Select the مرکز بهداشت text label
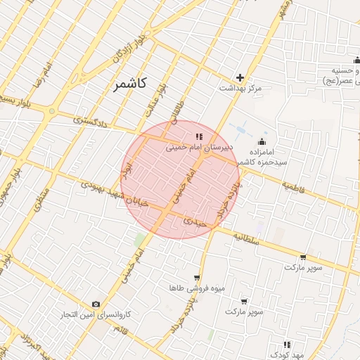coord(240,88)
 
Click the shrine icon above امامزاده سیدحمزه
coord(262,141)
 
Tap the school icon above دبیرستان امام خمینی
coord(198,136)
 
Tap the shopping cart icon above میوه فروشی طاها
coord(196,278)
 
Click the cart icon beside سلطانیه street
coord(303,257)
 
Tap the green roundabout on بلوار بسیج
coord(51,111)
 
